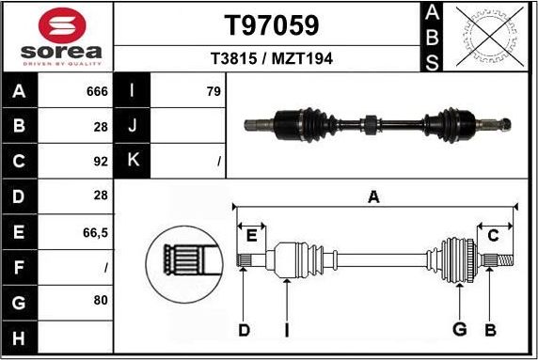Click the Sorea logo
[x=56, y=37]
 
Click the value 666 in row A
[x=97, y=91]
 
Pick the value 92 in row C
[x=101, y=161]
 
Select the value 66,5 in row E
[x=95, y=230]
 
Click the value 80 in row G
[x=101, y=300]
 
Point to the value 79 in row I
[x=214, y=91]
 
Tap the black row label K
[x=133, y=161]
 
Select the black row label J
[x=133, y=126]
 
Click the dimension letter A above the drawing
[x=373, y=196]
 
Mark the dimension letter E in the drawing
[x=250, y=235]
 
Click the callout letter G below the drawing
[x=460, y=329]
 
